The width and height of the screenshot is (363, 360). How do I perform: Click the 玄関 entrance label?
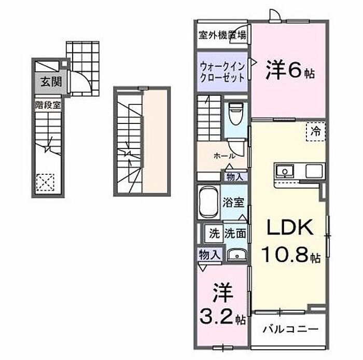point(51,82)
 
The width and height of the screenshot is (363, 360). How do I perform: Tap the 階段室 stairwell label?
point(48,105)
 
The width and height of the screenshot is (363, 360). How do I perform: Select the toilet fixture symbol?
point(235,113)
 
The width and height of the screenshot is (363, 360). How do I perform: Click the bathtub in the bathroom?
point(208,202)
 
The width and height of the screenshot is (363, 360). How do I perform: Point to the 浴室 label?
point(233,202)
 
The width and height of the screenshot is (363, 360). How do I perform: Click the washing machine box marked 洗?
point(214,233)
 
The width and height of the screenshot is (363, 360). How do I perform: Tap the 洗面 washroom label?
point(235,233)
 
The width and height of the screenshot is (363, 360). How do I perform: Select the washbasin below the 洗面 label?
point(236,255)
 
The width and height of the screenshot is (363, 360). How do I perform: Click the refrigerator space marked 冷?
point(316,131)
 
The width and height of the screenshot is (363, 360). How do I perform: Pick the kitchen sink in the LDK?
point(285,171)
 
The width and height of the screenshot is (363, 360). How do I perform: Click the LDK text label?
point(290,227)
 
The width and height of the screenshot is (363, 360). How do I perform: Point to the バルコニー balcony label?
point(290,329)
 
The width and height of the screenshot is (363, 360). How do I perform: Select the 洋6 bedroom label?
point(290,70)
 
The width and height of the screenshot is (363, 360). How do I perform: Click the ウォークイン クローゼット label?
point(222,72)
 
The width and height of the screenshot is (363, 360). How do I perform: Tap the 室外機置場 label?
point(222,35)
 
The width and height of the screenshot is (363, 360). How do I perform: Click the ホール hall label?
point(225,156)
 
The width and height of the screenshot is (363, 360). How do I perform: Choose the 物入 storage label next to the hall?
point(234,177)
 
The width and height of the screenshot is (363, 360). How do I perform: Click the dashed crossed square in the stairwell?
point(46,183)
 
